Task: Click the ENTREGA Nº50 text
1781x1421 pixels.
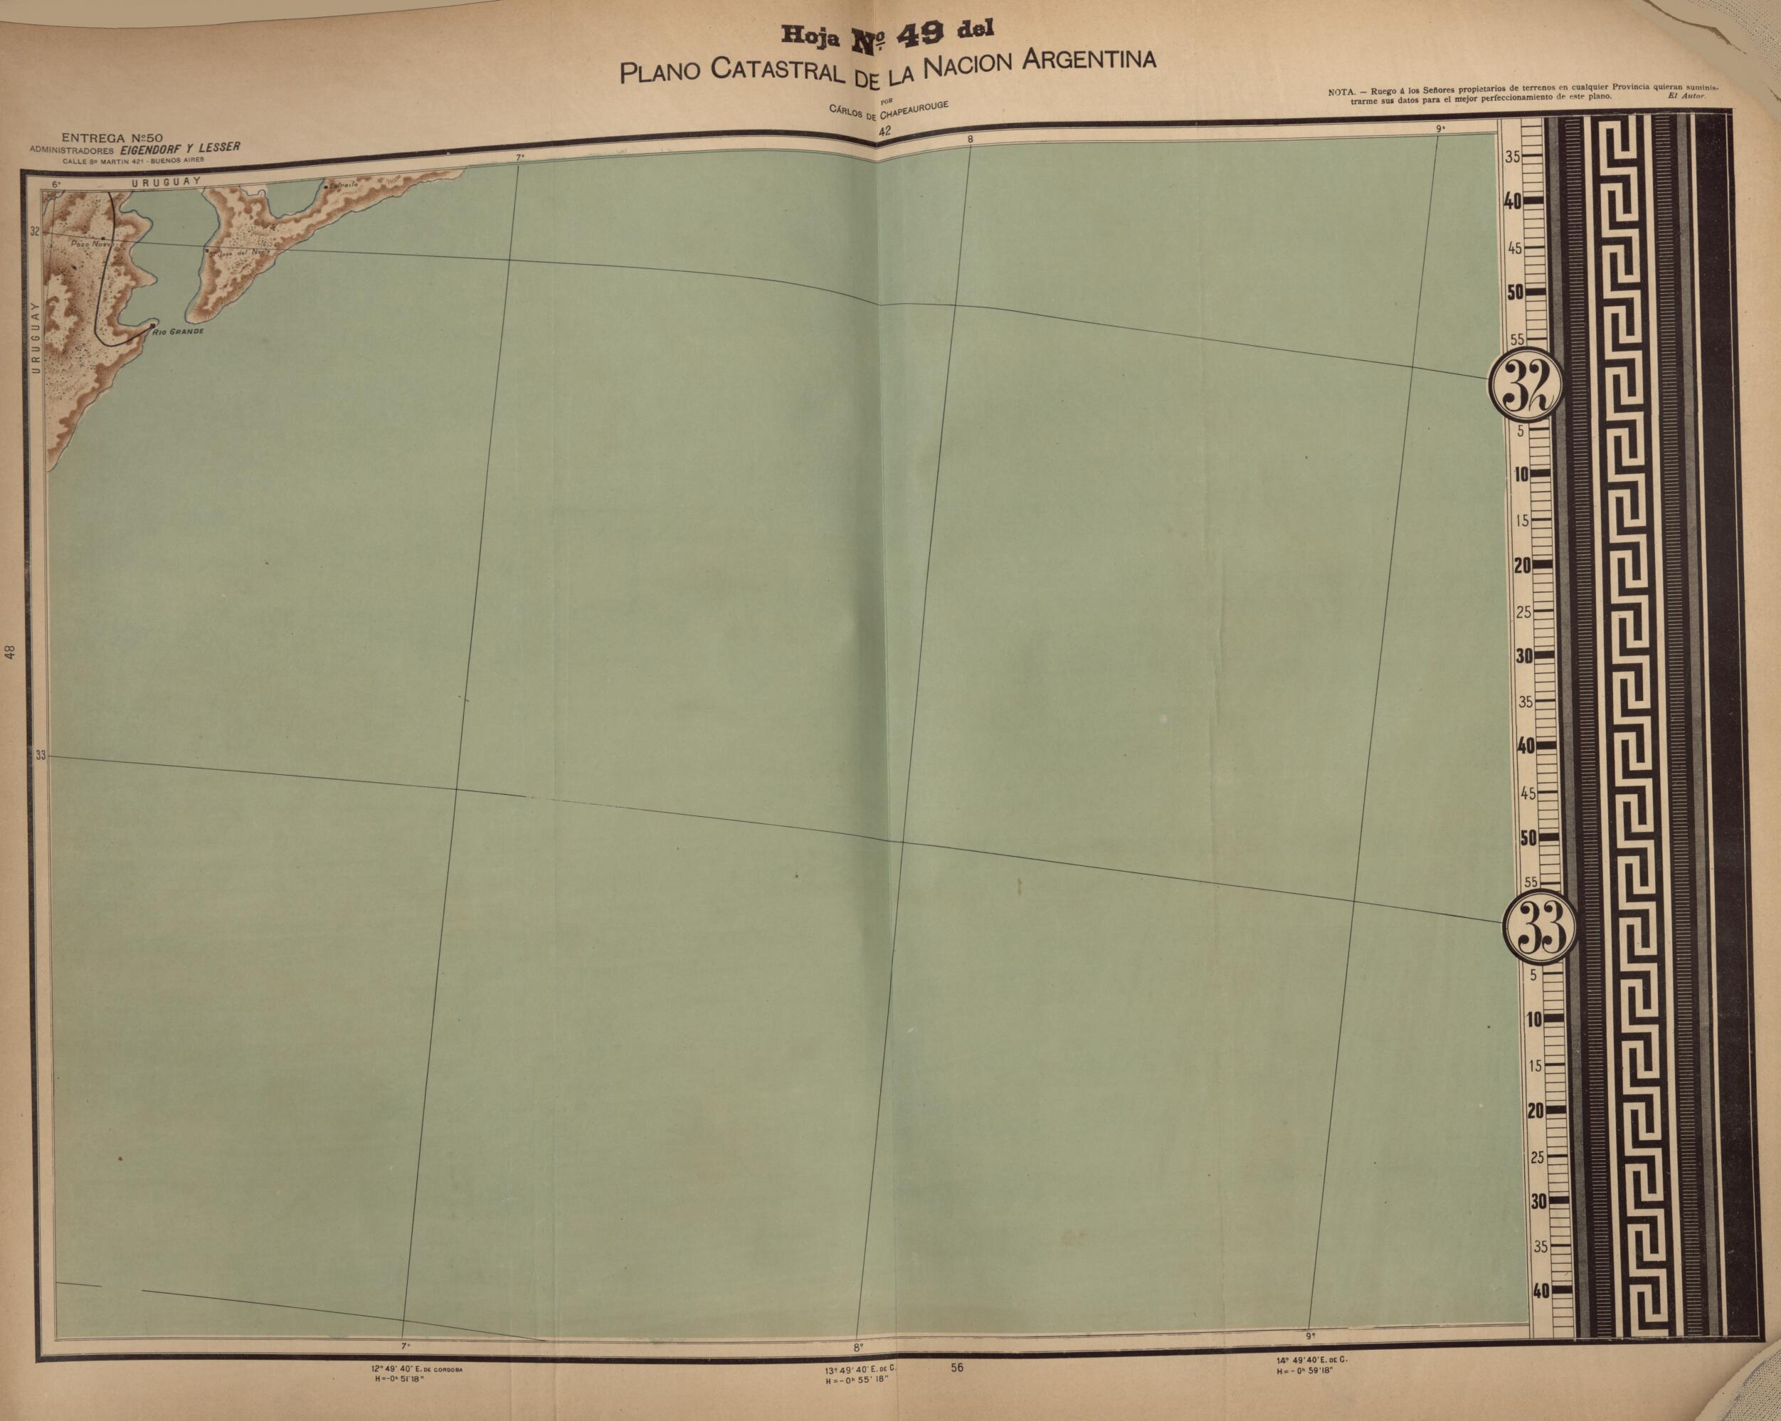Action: (x=112, y=137)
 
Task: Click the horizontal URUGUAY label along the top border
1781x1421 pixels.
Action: (x=165, y=179)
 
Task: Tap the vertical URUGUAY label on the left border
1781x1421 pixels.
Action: (x=35, y=339)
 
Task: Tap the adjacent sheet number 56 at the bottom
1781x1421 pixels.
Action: (x=956, y=1368)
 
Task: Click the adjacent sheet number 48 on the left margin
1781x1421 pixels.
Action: (x=10, y=653)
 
